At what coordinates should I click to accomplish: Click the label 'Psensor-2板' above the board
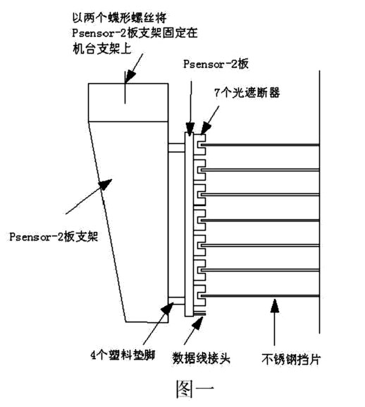(x=216, y=64)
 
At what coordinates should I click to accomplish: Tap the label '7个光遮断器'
(x=247, y=92)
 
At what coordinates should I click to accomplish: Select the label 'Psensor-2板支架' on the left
(x=54, y=237)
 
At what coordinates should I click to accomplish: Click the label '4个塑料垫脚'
(x=123, y=355)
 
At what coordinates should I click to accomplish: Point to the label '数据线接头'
(x=201, y=358)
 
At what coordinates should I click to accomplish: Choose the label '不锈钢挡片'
(x=291, y=359)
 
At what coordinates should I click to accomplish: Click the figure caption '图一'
(x=195, y=389)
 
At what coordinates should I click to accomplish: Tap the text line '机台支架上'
(x=102, y=49)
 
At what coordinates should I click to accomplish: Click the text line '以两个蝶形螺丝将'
(x=119, y=18)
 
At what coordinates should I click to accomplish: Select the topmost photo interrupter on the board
(x=199, y=145)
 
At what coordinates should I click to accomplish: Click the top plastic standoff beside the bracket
(x=176, y=147)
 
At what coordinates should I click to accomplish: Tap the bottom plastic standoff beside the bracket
(x=176, y=301)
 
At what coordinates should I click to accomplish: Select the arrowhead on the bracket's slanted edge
(x=106, y=184)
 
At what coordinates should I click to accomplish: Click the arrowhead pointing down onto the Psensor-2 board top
(x=190, y=129)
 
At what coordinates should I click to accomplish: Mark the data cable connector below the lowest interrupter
(x=199, y=314)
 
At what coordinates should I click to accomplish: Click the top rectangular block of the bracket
(x=128, y=102)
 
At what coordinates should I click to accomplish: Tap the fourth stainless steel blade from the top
(x=260, y=220)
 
